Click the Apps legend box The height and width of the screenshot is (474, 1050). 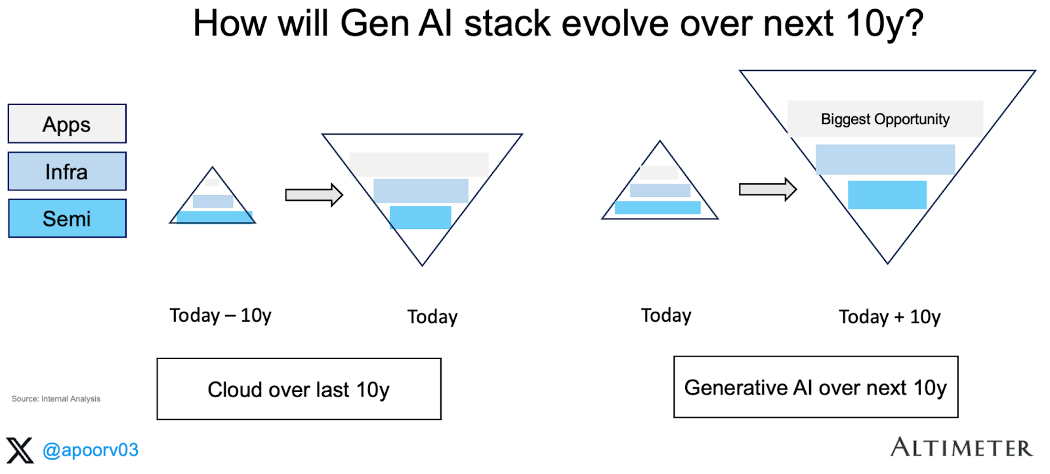click(67, 123)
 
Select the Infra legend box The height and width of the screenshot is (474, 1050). click(67, 171)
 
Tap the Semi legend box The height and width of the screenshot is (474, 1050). click(67, 219)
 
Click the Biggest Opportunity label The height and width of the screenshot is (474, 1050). click(885, 119)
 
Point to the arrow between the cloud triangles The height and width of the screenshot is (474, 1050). click(314, 195)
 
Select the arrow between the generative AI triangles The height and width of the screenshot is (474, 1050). click(767, 190)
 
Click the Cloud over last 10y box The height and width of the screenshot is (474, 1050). click(299, 389)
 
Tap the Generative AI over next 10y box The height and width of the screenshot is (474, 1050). click(816, 387)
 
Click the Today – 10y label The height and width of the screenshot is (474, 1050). click(220, 316)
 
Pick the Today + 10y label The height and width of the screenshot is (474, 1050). click(889, 317)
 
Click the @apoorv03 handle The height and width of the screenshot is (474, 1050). click(91, 450)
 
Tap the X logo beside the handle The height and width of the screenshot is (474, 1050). click(20, 450)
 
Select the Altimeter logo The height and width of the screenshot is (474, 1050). click(961, 448)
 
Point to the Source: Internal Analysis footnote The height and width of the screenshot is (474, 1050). click(56, 399)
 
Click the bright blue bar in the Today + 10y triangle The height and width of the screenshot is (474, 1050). click(887, 195)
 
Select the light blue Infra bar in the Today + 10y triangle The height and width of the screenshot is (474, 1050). click(885, 160)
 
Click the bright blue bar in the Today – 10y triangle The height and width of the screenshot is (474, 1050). click(215, 217)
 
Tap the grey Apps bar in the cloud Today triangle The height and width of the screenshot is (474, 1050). click(419, 165)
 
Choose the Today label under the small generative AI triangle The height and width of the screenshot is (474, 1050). click(666, 316)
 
